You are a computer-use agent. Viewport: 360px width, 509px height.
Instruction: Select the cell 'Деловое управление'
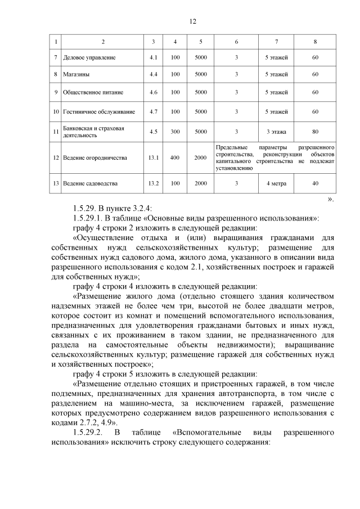pos(90,58)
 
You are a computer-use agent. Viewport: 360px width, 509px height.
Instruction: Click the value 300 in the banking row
pos(175,132)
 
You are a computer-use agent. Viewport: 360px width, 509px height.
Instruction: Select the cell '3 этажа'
pos(276,132)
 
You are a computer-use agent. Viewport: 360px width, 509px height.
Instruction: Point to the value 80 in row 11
pos(316,132)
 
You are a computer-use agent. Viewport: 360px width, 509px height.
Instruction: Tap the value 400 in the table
pos(175,157)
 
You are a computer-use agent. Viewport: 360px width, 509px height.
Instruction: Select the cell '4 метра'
pos(276,183)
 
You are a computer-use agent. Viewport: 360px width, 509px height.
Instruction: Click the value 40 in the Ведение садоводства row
pos(316,183)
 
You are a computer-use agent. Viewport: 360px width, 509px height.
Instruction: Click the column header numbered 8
pos(316,42)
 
